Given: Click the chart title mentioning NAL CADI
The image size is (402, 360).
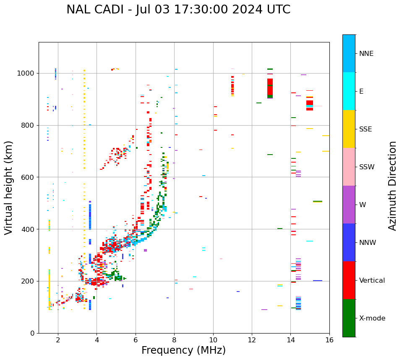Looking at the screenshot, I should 178,10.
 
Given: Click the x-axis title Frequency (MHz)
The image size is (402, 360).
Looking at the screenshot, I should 183,350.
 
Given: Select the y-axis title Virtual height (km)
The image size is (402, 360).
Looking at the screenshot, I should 9,187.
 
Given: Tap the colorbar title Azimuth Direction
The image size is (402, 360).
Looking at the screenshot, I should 392,185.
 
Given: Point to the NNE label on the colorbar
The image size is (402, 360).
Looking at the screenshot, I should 366,54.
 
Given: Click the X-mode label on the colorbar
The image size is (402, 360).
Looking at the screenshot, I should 372,318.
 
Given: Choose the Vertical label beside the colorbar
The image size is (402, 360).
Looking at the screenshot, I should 372,281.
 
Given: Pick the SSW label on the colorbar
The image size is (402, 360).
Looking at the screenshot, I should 367,167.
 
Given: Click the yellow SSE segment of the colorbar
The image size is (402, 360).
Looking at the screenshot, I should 349,129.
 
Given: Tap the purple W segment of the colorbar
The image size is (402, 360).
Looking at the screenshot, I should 349,204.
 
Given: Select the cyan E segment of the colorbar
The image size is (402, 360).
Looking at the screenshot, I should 349,91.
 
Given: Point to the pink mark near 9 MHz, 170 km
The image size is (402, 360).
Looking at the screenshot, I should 191,289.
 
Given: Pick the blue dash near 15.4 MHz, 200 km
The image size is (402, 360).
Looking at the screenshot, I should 318,281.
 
